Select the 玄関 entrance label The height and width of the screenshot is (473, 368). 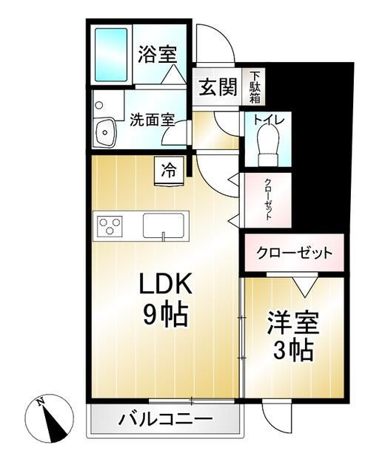tap(218, 88)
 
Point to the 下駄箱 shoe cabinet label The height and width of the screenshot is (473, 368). tap(255, 87)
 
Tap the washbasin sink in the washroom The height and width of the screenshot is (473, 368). tap(104, 132)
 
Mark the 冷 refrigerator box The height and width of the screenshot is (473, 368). tap(169, 169)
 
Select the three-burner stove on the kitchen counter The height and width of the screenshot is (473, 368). tap(110, 224)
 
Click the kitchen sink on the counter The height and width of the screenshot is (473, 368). tap(165, 225)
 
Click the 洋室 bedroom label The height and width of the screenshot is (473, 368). tap(292, 323)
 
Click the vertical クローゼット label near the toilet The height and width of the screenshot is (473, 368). tap(267, 200)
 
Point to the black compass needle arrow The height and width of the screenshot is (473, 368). tap(54, 423)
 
